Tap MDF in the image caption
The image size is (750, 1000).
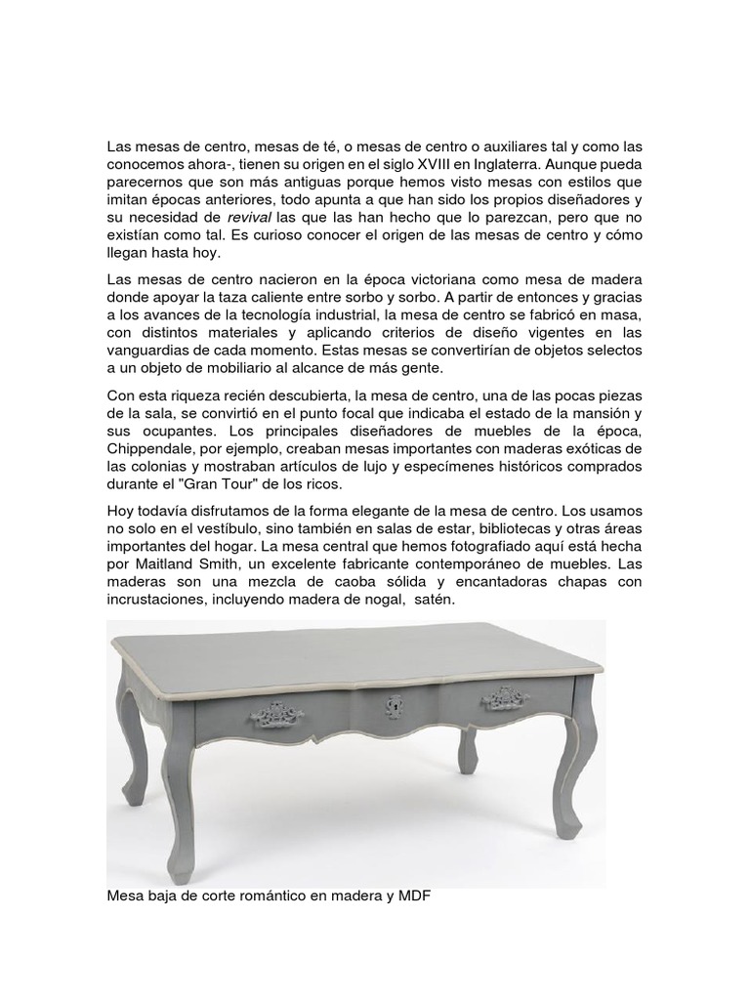pos(412,893)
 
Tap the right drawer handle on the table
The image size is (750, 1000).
pos(504,699)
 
